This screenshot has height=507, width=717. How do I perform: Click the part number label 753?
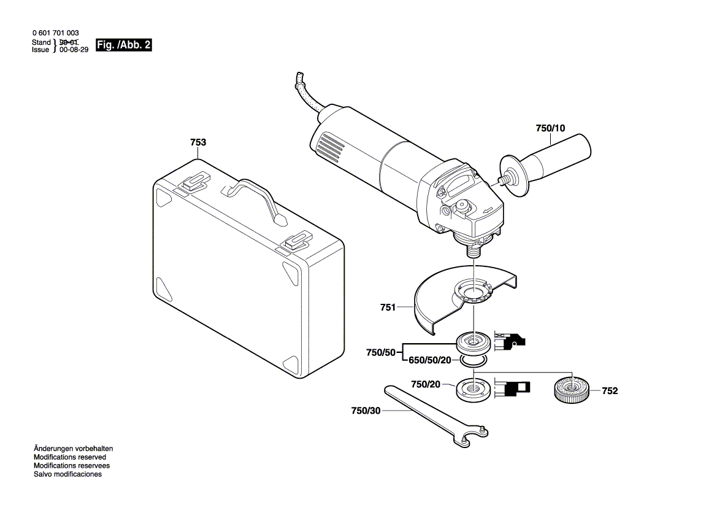pyautogui.click(x=198, y=142)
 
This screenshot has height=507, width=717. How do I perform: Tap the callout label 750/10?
pyautogui.click(x=550, y=128)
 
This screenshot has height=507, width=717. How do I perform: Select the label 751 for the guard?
pyautogui.click(x=388, y=308)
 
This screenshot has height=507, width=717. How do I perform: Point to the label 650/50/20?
pyautogui.click(x=429, y=361)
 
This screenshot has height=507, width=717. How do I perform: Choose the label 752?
pyautogui.click(x=609, y=391)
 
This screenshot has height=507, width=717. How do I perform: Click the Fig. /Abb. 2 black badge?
pyautogui.click(x=123, y=45)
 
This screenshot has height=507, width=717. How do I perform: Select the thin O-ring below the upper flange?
pyautogui.click(x=474, y=361)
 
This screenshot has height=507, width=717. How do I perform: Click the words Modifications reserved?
pyautogui.click(x=69, y=457)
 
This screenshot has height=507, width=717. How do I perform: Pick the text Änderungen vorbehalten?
pyautogui.click(x=73, y=449)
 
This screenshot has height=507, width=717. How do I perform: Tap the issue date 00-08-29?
pyautogui.click(x=74, y=50)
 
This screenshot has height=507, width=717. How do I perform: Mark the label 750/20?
pyautogui.click(x=426, y=384)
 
